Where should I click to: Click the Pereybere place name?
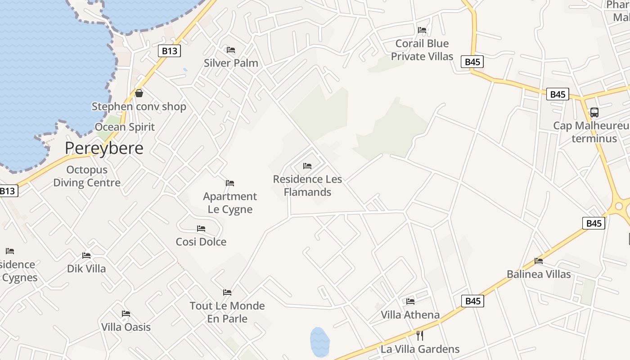[104, 148]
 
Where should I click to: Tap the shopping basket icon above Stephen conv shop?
[139, 93]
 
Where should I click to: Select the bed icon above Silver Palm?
[231, 49]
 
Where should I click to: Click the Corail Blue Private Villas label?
[422, 50]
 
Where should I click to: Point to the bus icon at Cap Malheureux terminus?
[594, 112]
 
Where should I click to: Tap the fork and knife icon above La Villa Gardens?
[420, 335]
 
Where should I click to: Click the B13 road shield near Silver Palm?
[170, 51]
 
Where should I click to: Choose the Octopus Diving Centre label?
[87, 176]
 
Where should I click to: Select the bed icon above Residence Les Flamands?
[307, 166]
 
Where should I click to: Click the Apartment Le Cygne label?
[230, 202]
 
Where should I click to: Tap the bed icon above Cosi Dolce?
[201, 229]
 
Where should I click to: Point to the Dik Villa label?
[86, 269]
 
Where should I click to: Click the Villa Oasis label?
[126, 327]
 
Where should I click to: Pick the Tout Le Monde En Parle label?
[227, 312]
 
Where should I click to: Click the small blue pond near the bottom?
[319, 342]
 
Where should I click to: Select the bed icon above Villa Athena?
[410, 301]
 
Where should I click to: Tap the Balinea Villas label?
[539, 274]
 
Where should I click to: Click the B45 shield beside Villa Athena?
[473, 301]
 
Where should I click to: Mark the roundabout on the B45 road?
[619, 206]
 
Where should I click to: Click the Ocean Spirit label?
[125, 127]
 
